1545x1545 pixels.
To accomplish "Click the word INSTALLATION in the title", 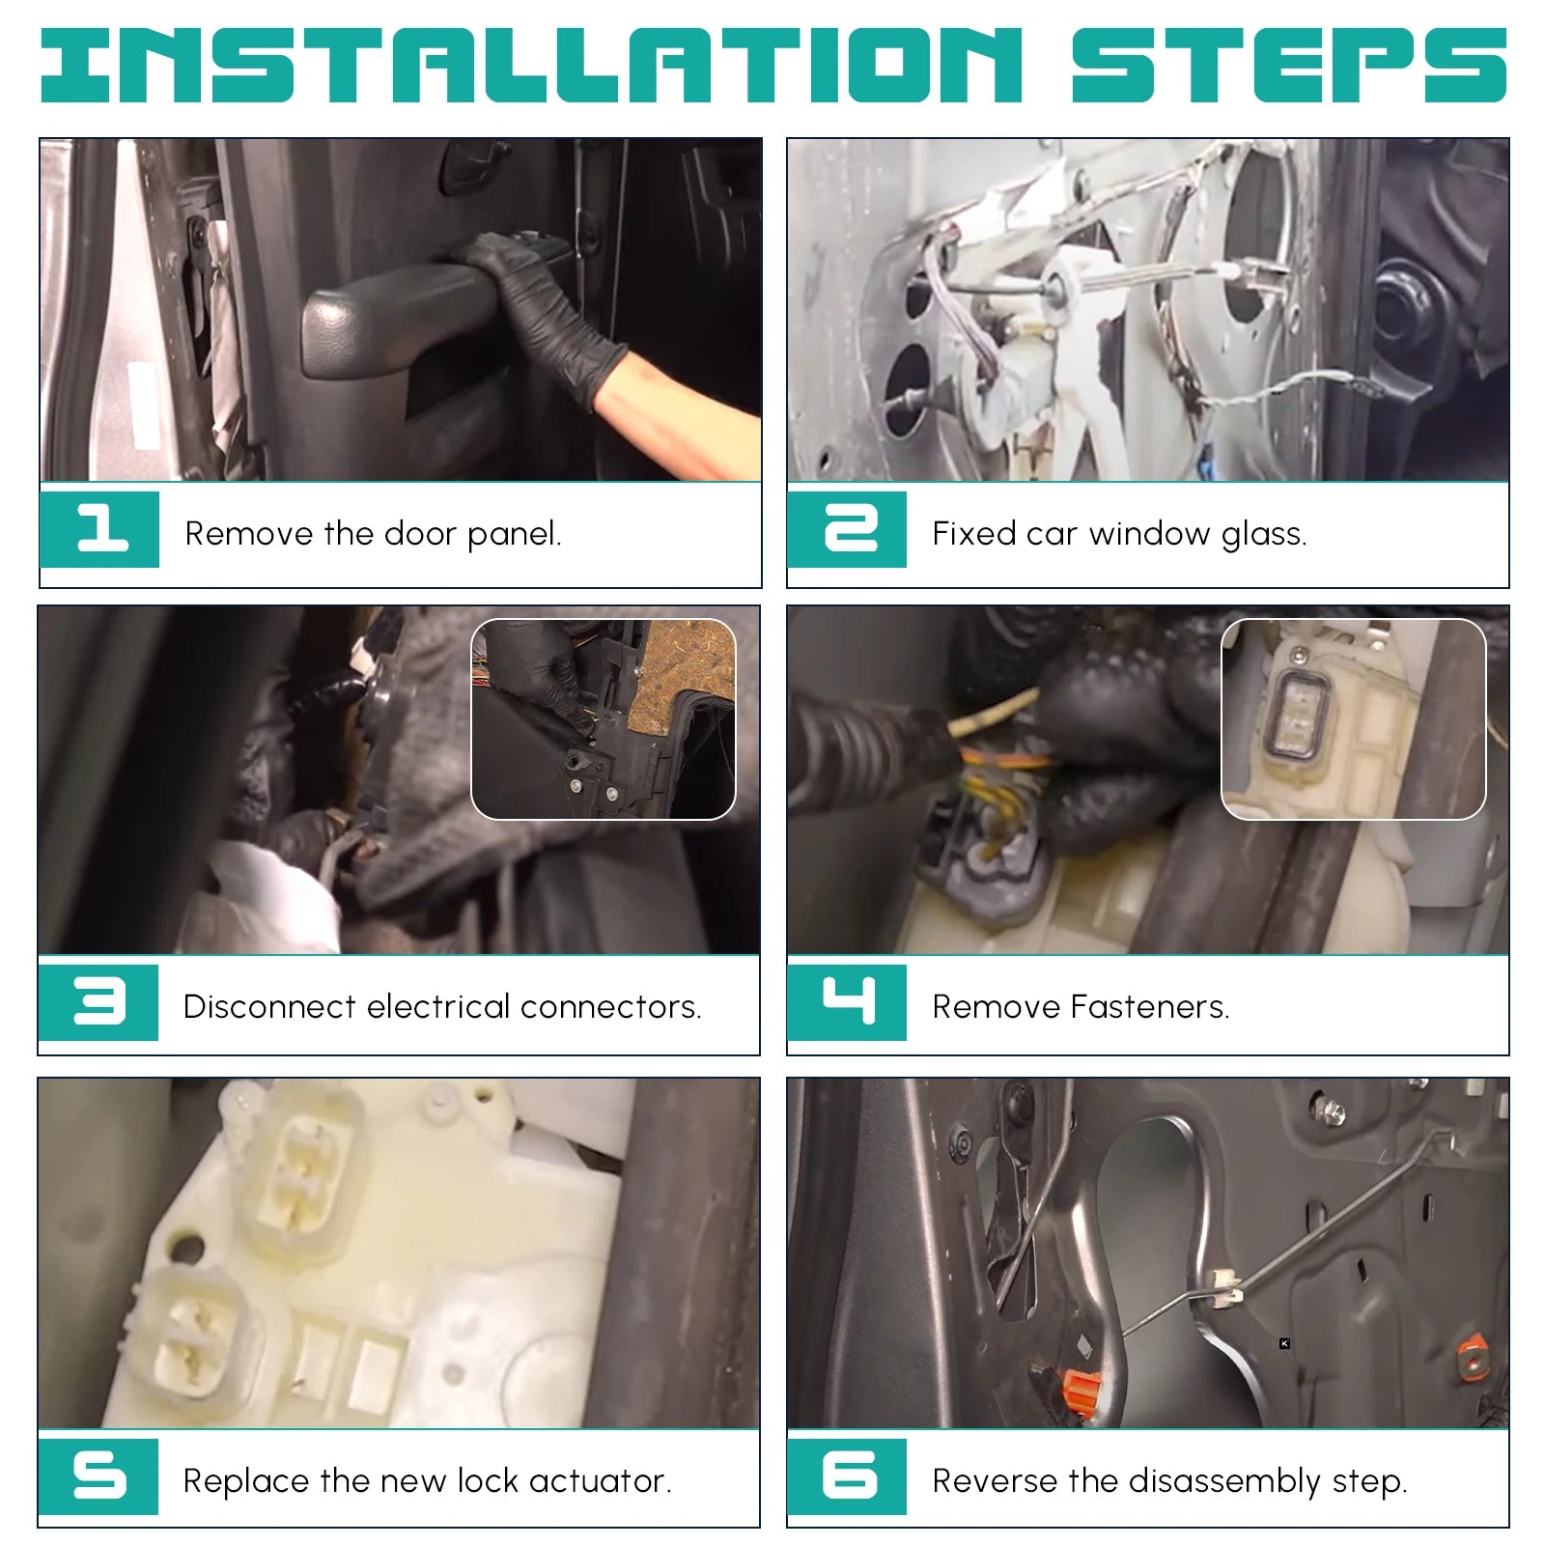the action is click(x=531, y=65).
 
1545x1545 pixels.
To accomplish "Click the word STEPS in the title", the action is click(x=1289, y=65).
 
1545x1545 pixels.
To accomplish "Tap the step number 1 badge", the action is click(x=99, y=529).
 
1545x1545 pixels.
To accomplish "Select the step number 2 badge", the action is click(x=847, y=529).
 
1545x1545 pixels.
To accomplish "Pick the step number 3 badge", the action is click(x=98, y=1002).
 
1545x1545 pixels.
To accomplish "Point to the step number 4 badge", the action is click(x=847, y=1002).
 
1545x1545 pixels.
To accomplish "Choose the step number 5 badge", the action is click(x=98, y=1476).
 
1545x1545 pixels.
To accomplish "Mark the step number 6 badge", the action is click(x=847, y=1476).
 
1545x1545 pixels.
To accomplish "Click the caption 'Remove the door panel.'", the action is click(x=373, y=534).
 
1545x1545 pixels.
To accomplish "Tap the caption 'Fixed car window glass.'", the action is click(x=1119, y=534).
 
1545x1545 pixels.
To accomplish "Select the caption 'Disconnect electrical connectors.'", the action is click(x=442, y=1007).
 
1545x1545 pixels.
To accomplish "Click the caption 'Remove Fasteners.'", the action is click(x=1081, y=1007).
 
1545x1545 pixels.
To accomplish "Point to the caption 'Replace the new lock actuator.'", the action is click(x=428, y=1481).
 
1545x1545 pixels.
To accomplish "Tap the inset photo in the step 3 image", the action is click(x=604, y=719).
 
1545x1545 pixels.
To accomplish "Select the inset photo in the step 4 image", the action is click(x=1354, y=719).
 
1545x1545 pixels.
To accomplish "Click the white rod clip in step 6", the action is click(x=1223, y=1280).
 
